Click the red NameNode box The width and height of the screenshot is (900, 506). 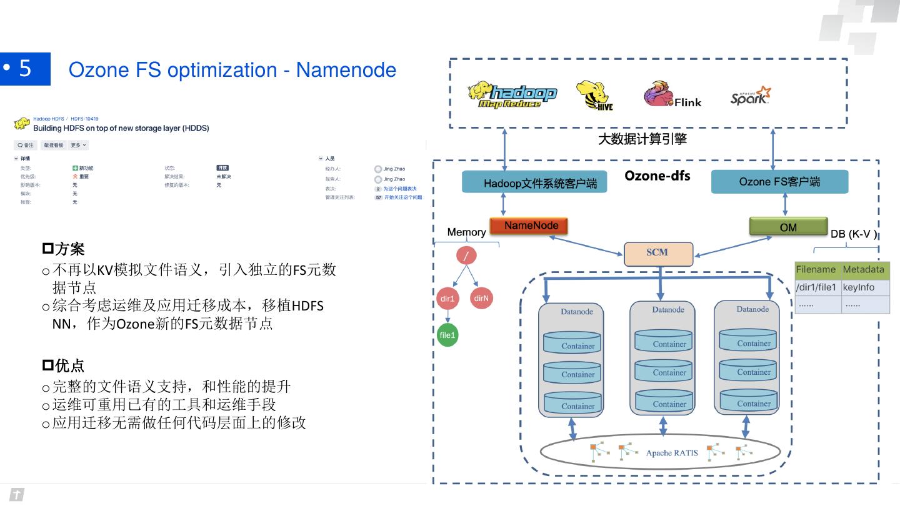point(531,226)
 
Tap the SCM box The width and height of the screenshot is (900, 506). point(658,253)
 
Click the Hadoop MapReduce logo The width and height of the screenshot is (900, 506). point(512,96)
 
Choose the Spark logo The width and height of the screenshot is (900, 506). point(750,96)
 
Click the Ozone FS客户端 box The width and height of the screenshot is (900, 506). point(779,182)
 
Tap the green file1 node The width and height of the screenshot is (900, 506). point(447,335)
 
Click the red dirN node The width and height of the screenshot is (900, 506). point(481,298)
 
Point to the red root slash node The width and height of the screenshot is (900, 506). point(466,255)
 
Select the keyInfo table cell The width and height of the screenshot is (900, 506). point(859,287)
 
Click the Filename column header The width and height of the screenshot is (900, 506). point(816,270)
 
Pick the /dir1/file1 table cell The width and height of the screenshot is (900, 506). point(816,287)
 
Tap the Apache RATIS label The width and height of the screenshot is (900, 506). point(672,453)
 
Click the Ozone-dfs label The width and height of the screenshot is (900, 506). point(657,176)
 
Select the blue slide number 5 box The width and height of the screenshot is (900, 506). point(25,69)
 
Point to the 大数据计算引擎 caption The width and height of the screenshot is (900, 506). point(642,139)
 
